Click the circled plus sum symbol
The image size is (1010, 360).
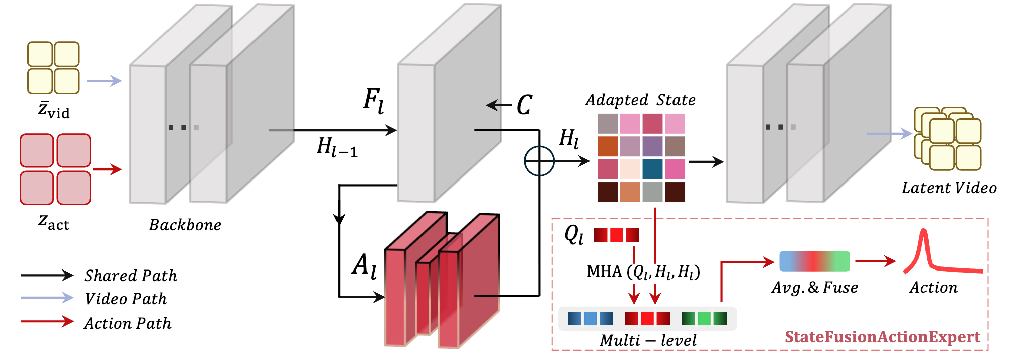[539, 161]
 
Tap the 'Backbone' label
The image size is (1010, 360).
[185, 225]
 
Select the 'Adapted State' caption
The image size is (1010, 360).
[640, 100]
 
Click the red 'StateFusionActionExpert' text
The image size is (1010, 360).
[883, 337]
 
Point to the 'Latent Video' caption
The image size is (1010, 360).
[949, 188]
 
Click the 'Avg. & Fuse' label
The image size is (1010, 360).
[815, 287]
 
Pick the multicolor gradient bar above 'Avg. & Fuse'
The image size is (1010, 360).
[814, 261]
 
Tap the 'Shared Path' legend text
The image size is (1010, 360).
[131, 276]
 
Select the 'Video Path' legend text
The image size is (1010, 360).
[126, 299]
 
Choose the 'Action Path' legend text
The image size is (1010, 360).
[128, 323]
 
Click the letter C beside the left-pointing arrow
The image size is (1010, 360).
[524, 105]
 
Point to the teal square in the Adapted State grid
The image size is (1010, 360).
[652, 169]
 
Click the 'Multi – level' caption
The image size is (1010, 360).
[648, 340]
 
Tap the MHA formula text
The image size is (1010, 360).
[644, 272]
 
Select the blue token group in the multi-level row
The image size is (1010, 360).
[591, 318]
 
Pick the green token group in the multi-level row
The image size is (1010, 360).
[704, 318]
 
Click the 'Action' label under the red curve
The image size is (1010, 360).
[934, 287]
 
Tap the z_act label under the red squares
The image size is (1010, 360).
[54, 222]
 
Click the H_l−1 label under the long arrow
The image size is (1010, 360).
[337, 147]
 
